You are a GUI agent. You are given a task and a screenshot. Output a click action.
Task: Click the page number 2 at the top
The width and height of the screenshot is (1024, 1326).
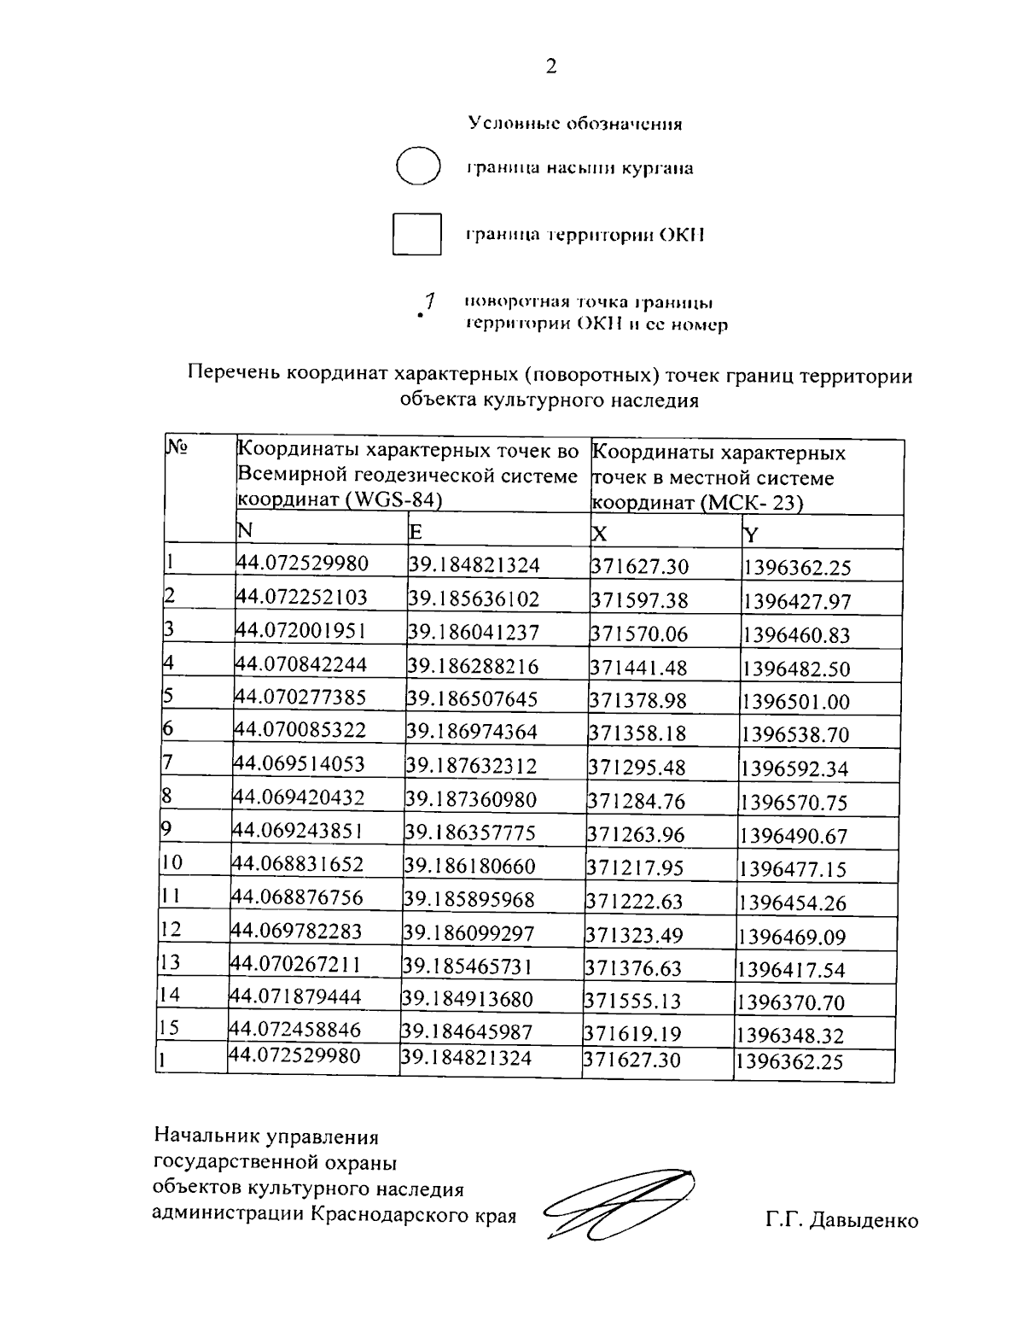550,67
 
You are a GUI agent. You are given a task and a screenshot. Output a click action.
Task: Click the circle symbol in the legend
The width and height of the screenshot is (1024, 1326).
418,166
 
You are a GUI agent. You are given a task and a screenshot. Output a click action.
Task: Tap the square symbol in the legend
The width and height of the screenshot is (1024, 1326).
416,234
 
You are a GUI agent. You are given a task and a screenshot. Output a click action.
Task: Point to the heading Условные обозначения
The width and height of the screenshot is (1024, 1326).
575,124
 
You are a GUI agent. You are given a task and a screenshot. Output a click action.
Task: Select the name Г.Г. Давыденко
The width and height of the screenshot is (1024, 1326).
841,1220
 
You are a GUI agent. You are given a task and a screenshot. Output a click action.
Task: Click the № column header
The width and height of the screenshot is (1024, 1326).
176,447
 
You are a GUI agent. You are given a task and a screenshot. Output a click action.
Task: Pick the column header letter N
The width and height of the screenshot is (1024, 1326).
244,531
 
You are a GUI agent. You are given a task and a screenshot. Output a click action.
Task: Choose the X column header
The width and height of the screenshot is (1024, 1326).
599,534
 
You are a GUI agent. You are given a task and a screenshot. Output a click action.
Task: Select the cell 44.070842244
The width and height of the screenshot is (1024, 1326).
301,663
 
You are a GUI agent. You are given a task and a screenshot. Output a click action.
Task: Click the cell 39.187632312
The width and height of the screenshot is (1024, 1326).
472,766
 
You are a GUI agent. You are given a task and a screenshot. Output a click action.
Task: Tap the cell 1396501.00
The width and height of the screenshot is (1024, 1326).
795,701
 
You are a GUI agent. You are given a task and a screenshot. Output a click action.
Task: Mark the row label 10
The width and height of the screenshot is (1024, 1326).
172,863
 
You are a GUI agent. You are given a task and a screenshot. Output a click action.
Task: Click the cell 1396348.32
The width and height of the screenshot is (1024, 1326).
790,1036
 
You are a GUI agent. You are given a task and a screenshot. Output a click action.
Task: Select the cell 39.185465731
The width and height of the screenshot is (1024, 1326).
468,966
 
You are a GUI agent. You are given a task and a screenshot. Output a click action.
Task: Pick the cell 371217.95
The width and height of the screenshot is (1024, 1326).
634,867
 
